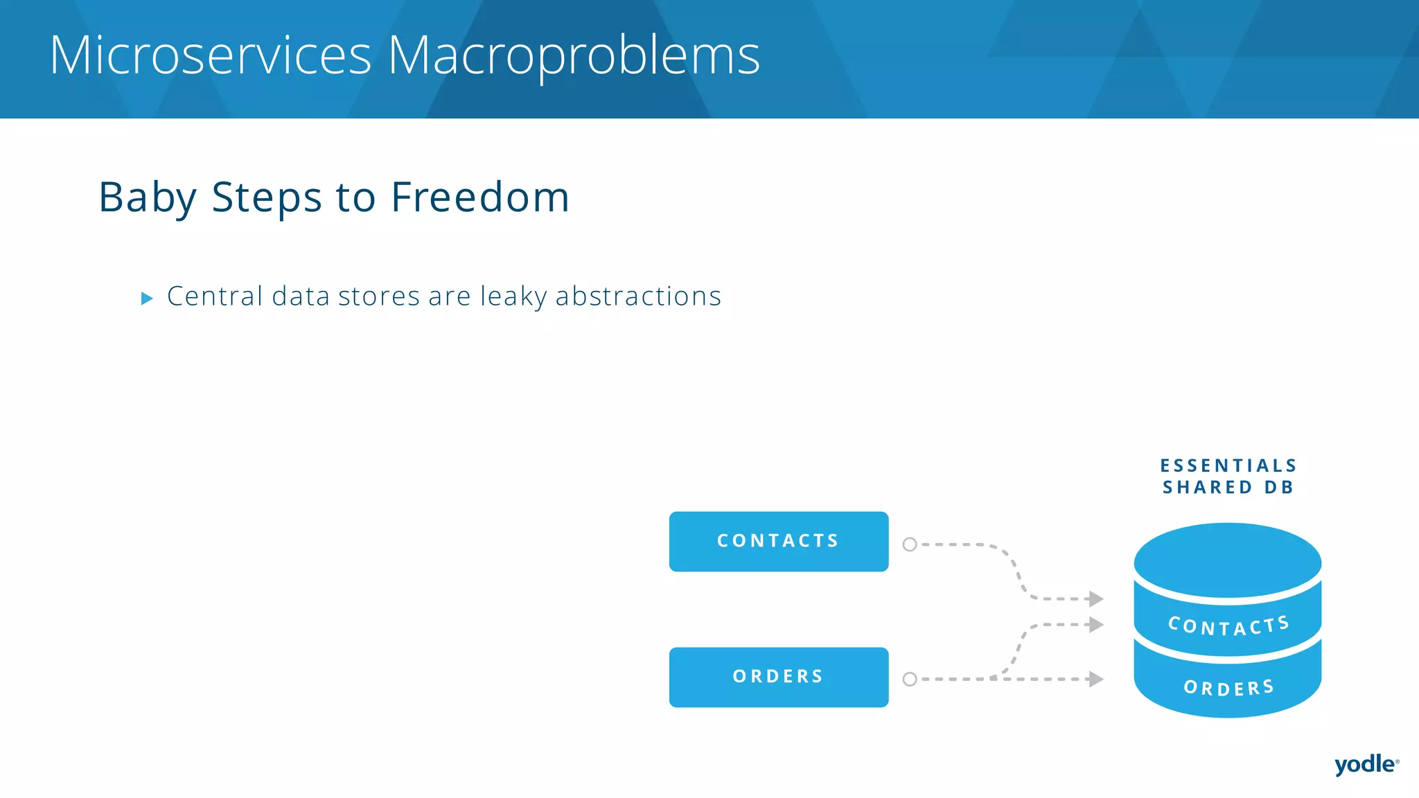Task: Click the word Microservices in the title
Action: click(x=211, y=55)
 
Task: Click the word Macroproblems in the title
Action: click(x=574, y=55)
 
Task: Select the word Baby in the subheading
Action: click(x=148, y=197)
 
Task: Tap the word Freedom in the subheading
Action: click(x=480, y=197)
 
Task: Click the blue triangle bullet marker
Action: click(x=147, y=299)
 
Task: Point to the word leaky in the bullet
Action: click(x=513, y=296)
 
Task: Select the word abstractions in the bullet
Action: click(x=638, y=296)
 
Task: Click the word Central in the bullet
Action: click(x=215, y=296)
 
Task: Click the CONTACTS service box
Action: click(x=778, y=541)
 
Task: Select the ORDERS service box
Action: click(x=778, y=677)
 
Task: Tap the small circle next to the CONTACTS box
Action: click(x=910, y=544)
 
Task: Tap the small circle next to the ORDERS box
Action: click(x=910, y=680)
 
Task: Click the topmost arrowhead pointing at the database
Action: click(x=1095, y=598)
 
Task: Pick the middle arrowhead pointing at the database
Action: click(x=1095, y=625)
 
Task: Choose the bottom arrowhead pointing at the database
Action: click(x=1095, y=679)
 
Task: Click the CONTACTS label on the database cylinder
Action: click(x=1228, y=626)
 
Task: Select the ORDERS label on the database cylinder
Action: click(x=1228, y=687)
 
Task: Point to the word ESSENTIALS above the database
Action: click(x=1228, y=465)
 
